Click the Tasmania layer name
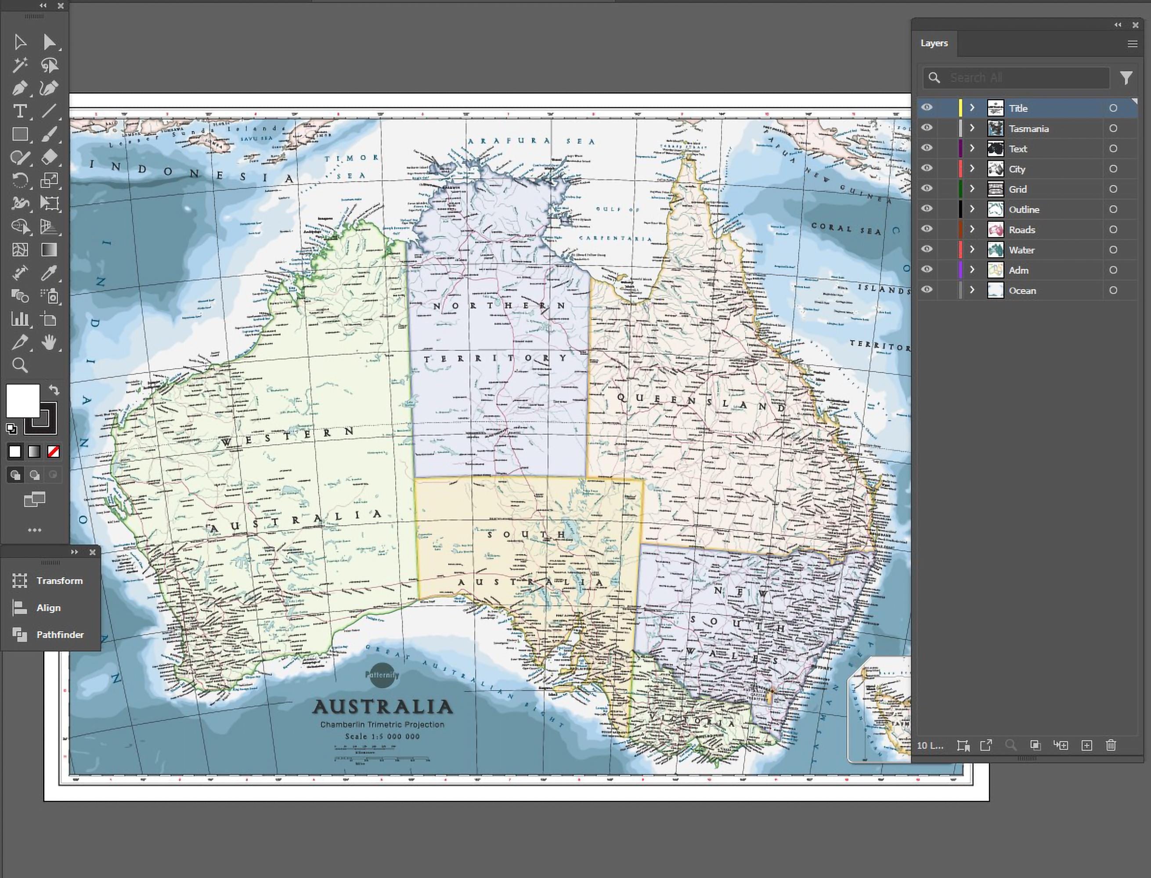pos(1028,129)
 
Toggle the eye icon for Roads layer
pos(926,229)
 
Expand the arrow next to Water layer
pos(972,250)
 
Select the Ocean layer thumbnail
pos(995,290)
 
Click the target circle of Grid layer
pos(1113,189)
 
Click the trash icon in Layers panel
pos(1111,745)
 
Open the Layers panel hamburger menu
pos(1132,44)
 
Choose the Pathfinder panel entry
pos(60,634)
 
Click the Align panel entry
pos(48,608)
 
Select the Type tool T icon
pos(20,111)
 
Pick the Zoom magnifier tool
pos(20,365)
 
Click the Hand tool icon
pos(49,342)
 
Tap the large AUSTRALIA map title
pos(382,707)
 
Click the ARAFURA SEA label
pos(530,140)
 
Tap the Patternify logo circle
pos(382,675)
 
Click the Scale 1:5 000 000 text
pos(382,736)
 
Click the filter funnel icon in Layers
pos(1126,78)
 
